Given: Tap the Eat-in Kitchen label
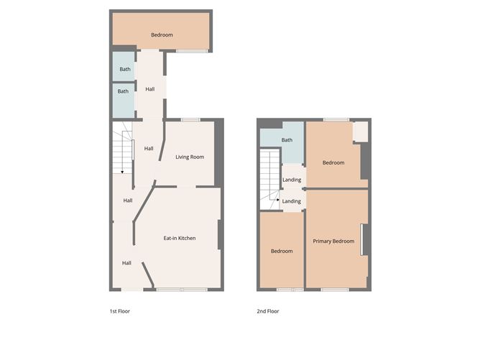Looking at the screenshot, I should (180, 238).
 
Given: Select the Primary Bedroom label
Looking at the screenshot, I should (333, 241).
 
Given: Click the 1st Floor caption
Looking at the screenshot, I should (120, 311).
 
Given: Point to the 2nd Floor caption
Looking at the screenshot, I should (268, 311).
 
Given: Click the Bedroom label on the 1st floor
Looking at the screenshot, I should (162, 34).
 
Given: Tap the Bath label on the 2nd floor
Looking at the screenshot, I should (287, 140).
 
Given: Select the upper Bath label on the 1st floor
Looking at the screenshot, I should (124, 69).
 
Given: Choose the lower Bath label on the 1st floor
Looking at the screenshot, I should (123, 91).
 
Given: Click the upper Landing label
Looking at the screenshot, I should (292, 180).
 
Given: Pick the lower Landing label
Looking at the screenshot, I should (292, 201).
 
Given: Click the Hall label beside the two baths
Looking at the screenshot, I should (150, 89).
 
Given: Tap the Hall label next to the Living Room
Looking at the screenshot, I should (149, 148).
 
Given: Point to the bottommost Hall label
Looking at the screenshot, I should (126, 263).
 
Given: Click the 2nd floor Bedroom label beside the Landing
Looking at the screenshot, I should (333, 162).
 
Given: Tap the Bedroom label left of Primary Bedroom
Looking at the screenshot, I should (281, 251).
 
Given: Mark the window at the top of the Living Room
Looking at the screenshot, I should (190, 119).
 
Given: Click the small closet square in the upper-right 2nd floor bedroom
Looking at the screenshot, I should (360, 131).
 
